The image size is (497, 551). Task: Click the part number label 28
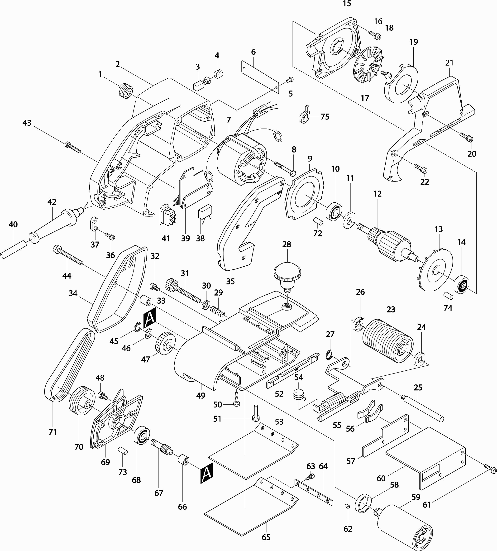click(287, 244)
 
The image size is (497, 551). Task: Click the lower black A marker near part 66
click(206, 473)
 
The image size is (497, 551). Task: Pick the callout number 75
click(325, 117)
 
